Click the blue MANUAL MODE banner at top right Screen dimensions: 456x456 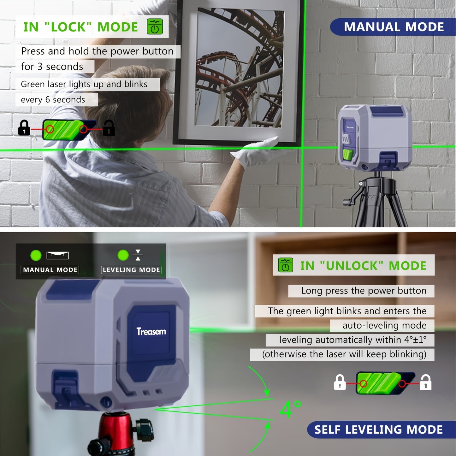point(393,27)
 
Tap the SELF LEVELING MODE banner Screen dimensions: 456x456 point(379,429)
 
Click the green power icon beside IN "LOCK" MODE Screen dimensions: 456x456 point(155,27)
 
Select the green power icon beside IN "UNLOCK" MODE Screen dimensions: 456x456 point(285,265)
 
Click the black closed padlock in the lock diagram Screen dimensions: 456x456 point(24,128)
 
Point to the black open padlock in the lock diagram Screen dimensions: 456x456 point(109,128)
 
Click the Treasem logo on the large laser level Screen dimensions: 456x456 point(151,331)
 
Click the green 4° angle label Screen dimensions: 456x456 point(290,409)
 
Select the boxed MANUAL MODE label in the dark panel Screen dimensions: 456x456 point(50,270)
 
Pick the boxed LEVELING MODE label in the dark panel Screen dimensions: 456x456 point(131,270)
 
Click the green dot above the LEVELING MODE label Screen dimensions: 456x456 point(123,255)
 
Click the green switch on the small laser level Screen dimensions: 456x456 point(348,155)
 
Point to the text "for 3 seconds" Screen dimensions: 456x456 point(52,67)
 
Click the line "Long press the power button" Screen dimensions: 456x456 point(364,291)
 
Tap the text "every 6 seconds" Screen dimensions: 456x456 point(53,100)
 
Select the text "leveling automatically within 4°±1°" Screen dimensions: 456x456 point(352,340)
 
